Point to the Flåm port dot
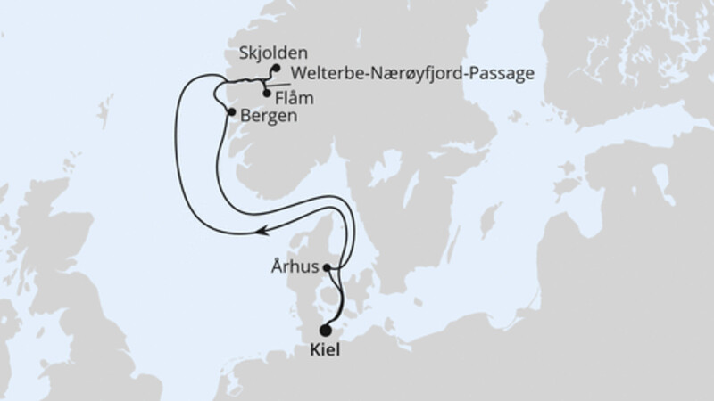pos(267,93)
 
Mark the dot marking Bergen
pos(232,112)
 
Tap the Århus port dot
pos(328,266)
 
